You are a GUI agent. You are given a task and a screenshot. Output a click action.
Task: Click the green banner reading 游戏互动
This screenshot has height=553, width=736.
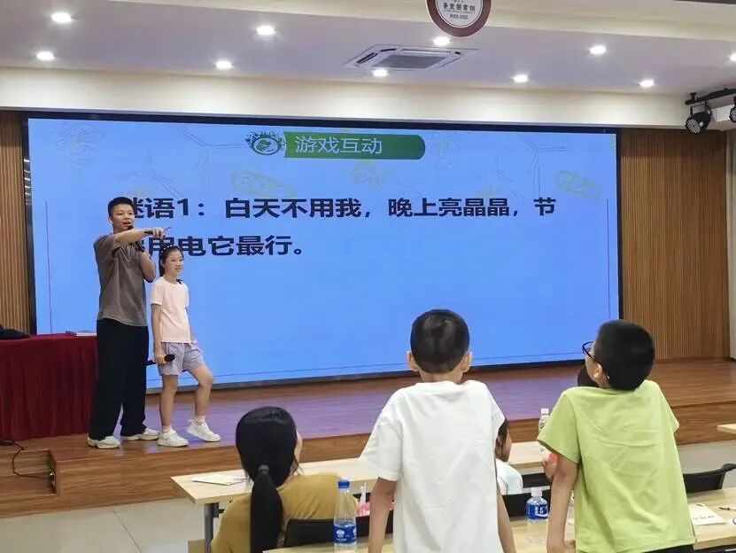(354, 145)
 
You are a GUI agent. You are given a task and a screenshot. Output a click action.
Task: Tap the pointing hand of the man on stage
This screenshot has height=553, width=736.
(158, 232)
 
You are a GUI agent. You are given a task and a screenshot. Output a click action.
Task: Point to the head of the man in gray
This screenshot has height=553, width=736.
(121, 214)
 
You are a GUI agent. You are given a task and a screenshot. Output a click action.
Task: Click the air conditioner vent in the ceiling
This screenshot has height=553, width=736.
(406, 58)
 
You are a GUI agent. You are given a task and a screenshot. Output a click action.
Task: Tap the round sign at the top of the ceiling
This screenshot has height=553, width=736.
(458, 13)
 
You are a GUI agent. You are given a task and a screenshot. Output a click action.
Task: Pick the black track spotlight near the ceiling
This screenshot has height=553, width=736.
(699, 118)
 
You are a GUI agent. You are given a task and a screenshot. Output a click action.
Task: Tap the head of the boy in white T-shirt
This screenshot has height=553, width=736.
(439, 341)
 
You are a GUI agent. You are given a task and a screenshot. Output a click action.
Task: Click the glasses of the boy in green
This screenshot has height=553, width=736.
(588, 351)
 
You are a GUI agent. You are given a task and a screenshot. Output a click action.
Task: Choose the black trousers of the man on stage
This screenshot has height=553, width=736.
(120, 377)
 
